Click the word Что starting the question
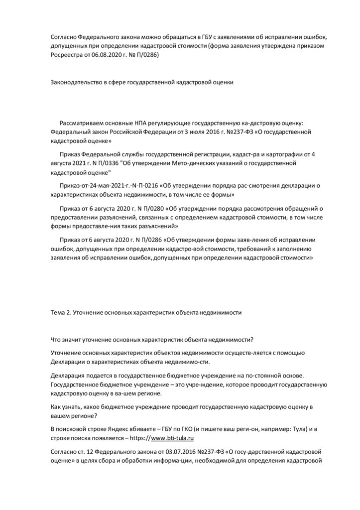56,340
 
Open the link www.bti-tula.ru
172,438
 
